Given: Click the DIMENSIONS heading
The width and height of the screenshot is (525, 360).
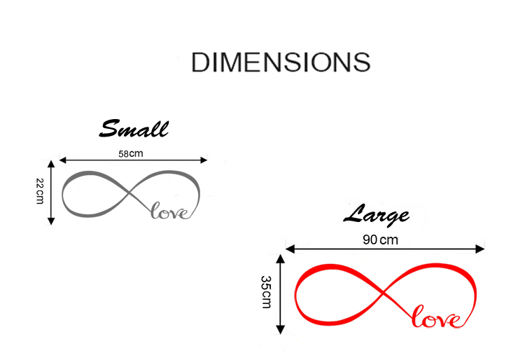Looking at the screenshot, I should point(280,62).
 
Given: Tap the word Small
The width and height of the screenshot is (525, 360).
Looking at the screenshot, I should point(134,130).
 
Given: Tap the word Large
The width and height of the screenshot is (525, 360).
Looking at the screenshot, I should point(376,214).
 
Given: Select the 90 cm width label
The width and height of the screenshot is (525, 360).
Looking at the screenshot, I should point(380,240).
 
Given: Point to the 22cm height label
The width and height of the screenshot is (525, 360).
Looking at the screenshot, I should point(40,191).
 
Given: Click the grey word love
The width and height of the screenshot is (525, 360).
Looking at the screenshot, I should point(171,211).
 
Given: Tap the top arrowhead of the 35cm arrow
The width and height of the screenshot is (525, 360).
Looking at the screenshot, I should point(281,258).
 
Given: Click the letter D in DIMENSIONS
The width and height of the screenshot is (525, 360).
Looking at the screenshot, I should point(202,62).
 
